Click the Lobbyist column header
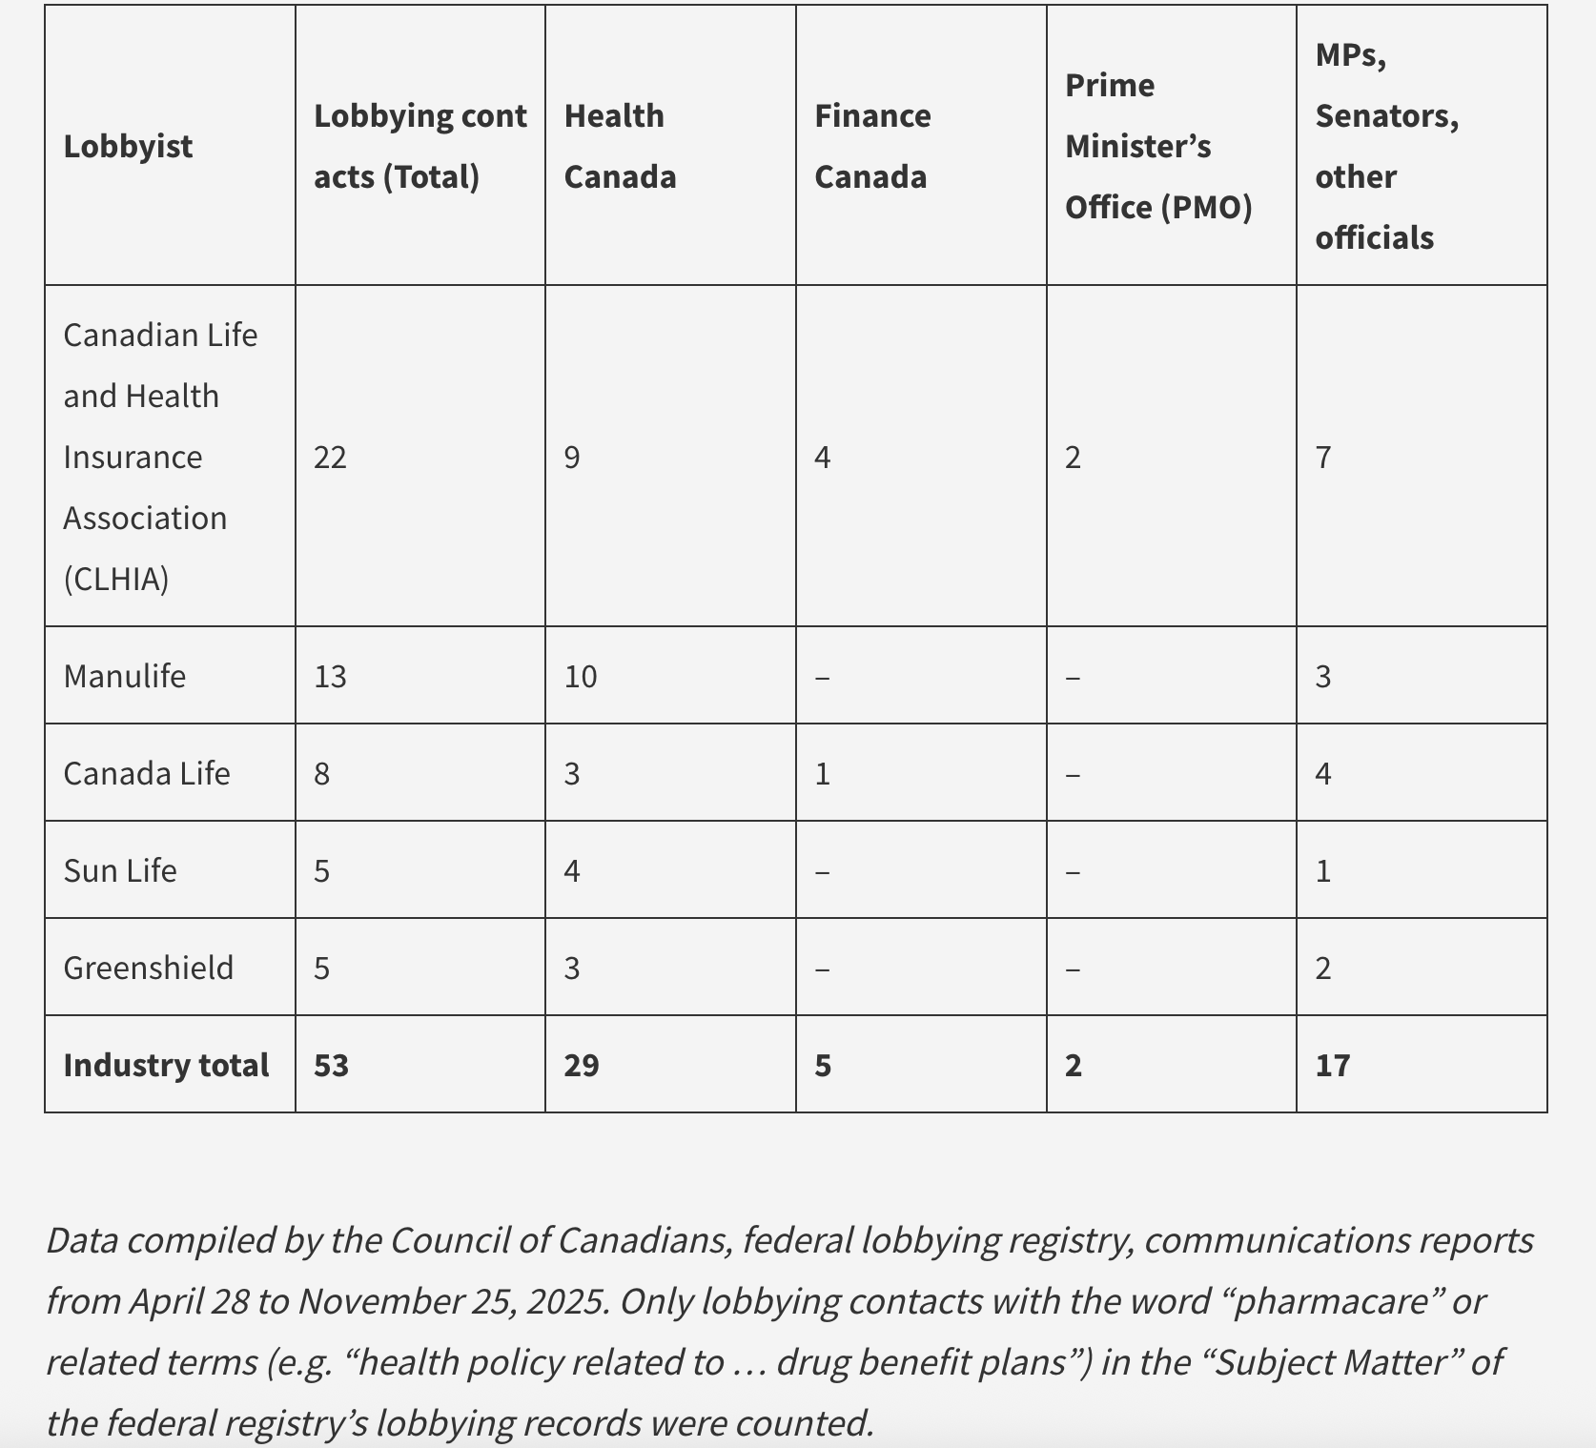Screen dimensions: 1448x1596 click(128, 147)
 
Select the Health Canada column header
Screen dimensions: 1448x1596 click(620, 146)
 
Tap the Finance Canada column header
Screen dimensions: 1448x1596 click(871, 146)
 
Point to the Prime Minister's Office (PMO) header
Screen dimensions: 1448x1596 click(1157, 146)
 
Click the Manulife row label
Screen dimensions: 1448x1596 click(124, 676)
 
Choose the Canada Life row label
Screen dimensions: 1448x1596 click(146, 773)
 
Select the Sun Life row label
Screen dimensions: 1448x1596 click(119, 870)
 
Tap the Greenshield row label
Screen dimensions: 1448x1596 click(148, 968)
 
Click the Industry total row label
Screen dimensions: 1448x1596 click(166, 1065)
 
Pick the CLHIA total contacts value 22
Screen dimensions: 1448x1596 click(330, 458)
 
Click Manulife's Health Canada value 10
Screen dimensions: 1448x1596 click(580, 676)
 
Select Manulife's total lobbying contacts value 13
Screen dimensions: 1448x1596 click(330, 676)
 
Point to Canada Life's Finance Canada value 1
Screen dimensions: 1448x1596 click(823, 773)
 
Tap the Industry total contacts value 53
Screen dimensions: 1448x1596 click(331, 1065)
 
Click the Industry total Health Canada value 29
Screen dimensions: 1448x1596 click(581, 1065)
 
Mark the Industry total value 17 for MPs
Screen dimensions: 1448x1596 click(1332, 1065)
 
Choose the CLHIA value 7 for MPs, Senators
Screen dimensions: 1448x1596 click(1323, 458)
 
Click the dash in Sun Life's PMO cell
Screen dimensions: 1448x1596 click(1073, 871)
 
